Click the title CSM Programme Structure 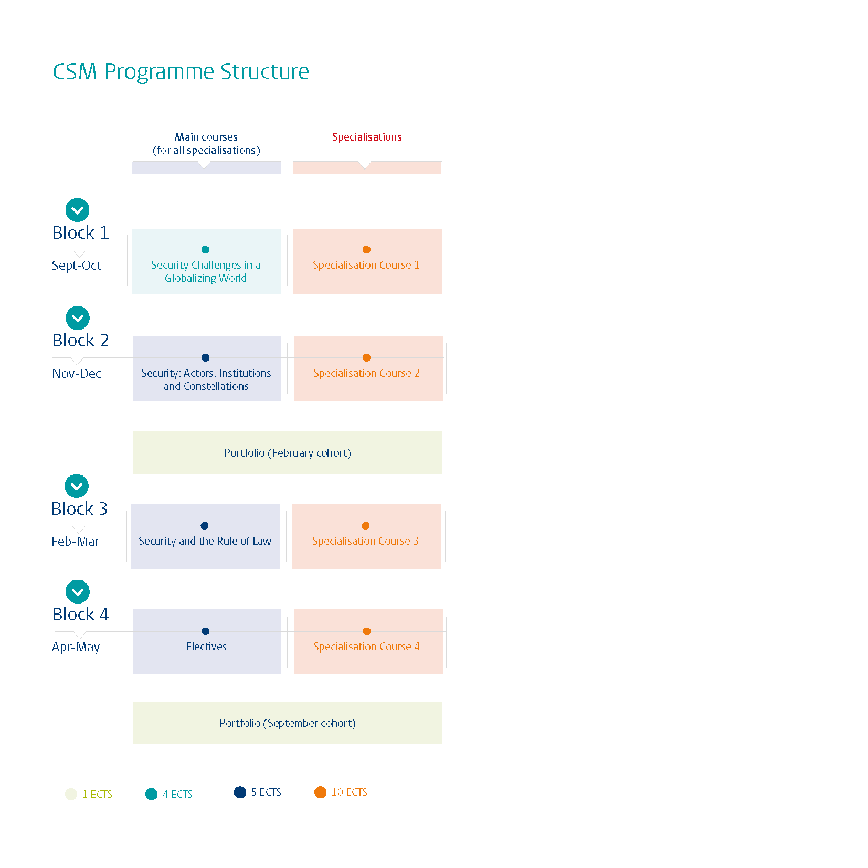181,71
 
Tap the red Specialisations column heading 366,137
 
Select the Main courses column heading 206,143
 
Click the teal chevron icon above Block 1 77,210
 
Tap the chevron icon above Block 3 77,486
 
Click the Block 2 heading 80,340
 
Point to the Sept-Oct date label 77,266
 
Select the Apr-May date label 76,647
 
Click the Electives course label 206,647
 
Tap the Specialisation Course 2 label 366,373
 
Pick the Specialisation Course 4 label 366,647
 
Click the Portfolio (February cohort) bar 288,453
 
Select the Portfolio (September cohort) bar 288,723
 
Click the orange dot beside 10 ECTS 320,792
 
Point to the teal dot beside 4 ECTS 151,794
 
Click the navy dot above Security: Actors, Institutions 206,357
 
